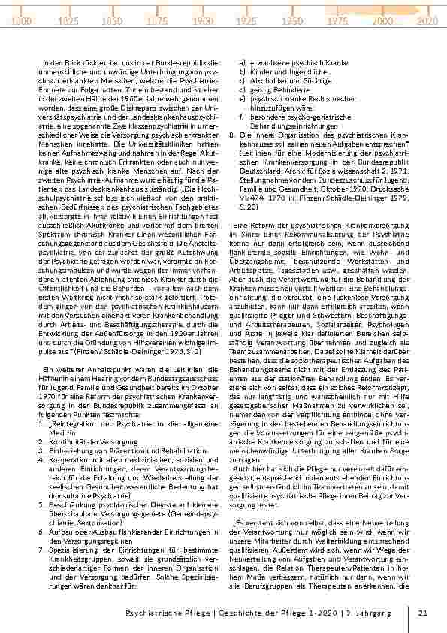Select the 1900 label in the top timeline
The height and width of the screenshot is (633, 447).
coord(203,22)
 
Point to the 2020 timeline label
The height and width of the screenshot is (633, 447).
coord(427,22)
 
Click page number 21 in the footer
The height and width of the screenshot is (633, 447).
coord(423,613)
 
